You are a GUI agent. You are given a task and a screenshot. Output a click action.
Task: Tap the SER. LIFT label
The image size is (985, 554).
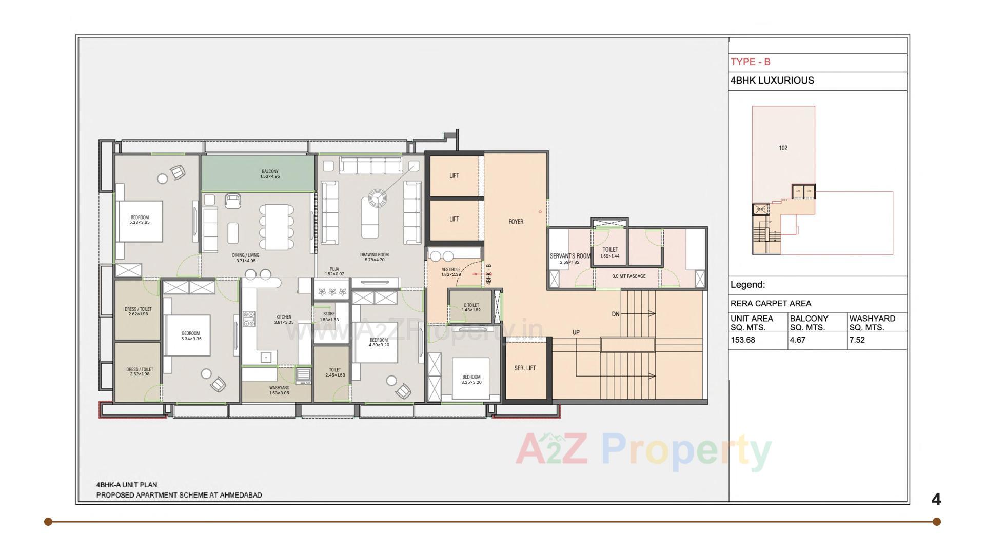click(525, 368)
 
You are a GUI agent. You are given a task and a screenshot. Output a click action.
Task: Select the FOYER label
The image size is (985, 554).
click(516, 222)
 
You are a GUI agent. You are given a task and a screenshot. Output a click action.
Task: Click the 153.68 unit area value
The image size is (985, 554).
click(743, 340)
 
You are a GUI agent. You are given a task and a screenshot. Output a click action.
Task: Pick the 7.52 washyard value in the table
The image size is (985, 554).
click(857, 340)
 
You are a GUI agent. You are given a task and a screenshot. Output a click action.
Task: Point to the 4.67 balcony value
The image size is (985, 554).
click(798, 340)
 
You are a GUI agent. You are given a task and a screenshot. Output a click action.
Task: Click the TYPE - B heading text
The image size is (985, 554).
click(750, 62)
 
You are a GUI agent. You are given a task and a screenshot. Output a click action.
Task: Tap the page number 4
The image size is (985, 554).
click(936, 499)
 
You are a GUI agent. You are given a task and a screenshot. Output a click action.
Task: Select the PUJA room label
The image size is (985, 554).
click(334, 269)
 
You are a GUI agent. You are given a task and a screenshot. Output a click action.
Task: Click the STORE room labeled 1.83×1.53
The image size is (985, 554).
click(329, 316)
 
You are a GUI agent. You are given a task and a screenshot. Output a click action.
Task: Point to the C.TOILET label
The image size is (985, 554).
click(471, 306)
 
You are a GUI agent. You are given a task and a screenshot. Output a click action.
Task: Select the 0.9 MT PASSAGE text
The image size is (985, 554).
click(628, 276)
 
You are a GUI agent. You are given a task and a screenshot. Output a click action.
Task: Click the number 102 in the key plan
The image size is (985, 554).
click(783, 148)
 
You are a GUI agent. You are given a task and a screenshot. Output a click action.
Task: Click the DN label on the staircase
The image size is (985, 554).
click(615, 314)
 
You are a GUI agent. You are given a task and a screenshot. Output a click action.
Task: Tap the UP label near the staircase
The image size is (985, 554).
click(576, 333)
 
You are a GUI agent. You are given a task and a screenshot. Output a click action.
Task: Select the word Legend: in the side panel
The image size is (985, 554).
click(747, 285)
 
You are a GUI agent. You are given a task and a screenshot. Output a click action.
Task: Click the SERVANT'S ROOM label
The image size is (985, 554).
click(570, 256)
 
